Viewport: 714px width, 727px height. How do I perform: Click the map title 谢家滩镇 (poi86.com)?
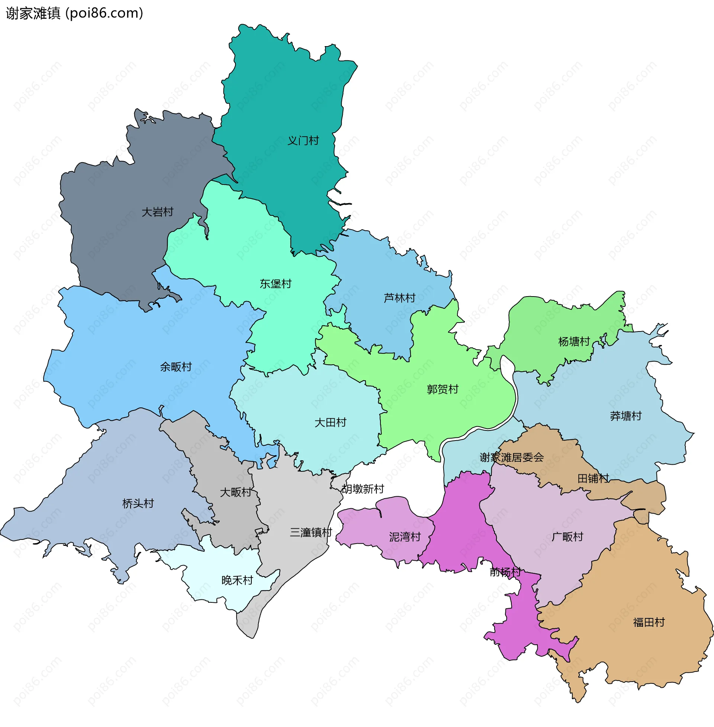pos(74,13)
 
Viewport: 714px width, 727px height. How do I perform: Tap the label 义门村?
pos(303,141)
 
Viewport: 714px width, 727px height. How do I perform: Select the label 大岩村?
pos(158,212)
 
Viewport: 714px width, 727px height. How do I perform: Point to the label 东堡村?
pos(276,284)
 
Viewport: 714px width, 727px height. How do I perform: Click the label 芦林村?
pos(399,298)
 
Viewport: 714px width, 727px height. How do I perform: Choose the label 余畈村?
pos(176,366)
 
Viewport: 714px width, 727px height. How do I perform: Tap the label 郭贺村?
pos(443,389)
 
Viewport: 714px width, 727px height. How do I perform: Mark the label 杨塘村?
pos(574,342)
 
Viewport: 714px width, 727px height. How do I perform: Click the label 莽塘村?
pos(625,416)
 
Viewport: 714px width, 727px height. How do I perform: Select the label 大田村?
pos(330,422)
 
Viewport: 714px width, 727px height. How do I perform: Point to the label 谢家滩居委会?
pos(511,457)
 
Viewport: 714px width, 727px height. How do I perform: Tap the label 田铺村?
pos(593,478)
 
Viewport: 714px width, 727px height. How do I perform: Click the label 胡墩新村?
pos(363,489)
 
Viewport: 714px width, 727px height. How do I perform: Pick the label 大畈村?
pos(235,492)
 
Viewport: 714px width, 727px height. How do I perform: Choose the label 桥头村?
pos(138,503)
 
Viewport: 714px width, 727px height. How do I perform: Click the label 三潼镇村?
pos(311,532)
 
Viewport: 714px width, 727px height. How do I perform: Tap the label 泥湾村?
pos(405,537)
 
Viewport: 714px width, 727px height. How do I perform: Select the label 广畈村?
pos(567,537)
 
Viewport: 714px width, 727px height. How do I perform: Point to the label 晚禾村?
pos(237,580)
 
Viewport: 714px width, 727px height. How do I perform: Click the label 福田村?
pos(649,622)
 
